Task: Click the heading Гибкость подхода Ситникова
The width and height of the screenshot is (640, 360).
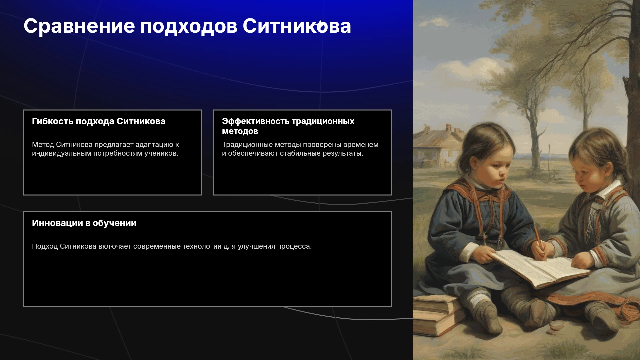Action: [x=99, y=121]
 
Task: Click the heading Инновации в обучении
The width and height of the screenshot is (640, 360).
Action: [x=84, y=223]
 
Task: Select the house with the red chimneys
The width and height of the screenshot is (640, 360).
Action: [x=437, y=145]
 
